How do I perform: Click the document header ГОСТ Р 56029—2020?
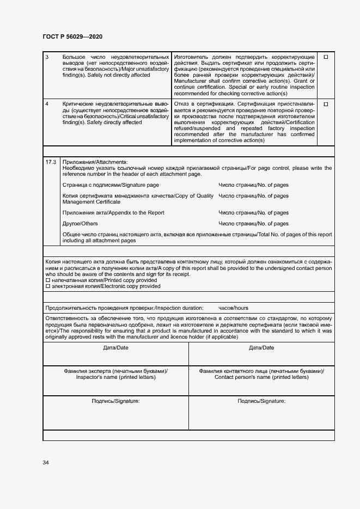point(72,36)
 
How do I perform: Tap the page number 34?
point(46,462)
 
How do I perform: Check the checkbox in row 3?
point(326,57)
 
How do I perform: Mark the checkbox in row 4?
point(326,104)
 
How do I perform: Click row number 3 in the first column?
point(47,57)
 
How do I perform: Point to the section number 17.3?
point(51,162)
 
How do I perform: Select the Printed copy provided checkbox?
point(48,280)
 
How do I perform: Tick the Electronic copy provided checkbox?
point(48,286)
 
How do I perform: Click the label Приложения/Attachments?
point(95,162)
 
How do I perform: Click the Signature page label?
point(111,185)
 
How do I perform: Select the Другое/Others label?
point(80,224)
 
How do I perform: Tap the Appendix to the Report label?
point(113,212)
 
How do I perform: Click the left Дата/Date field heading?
point(115,347)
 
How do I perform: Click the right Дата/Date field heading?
point(261,347)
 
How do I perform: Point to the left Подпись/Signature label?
point(115,401)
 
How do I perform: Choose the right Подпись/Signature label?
point(261,401)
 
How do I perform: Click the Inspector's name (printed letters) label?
point(115,377)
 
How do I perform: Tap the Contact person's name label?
point(261,377)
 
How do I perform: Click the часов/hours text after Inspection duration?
point(233,308)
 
